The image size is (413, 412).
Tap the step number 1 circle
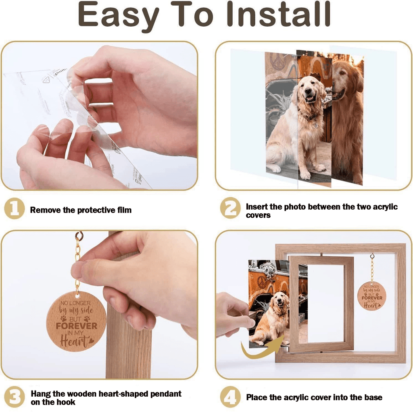pyautogui.click(x=14, y=210)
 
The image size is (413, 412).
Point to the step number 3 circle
pyautogui.click(x=14, y=397)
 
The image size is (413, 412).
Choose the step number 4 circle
pyautogui.click(x=230, y=397)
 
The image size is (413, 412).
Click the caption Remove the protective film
pyautogui.click(x=81, y=210)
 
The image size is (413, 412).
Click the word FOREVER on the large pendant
pyautogui.click(x=76, y=326)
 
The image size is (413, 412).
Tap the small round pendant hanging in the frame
pyautogui.click(x=371, y=295)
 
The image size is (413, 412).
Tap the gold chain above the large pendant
pyautogui.click(x=77, y=262)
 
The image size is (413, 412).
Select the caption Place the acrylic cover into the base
pyautogui.click(x=314, y=397)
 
